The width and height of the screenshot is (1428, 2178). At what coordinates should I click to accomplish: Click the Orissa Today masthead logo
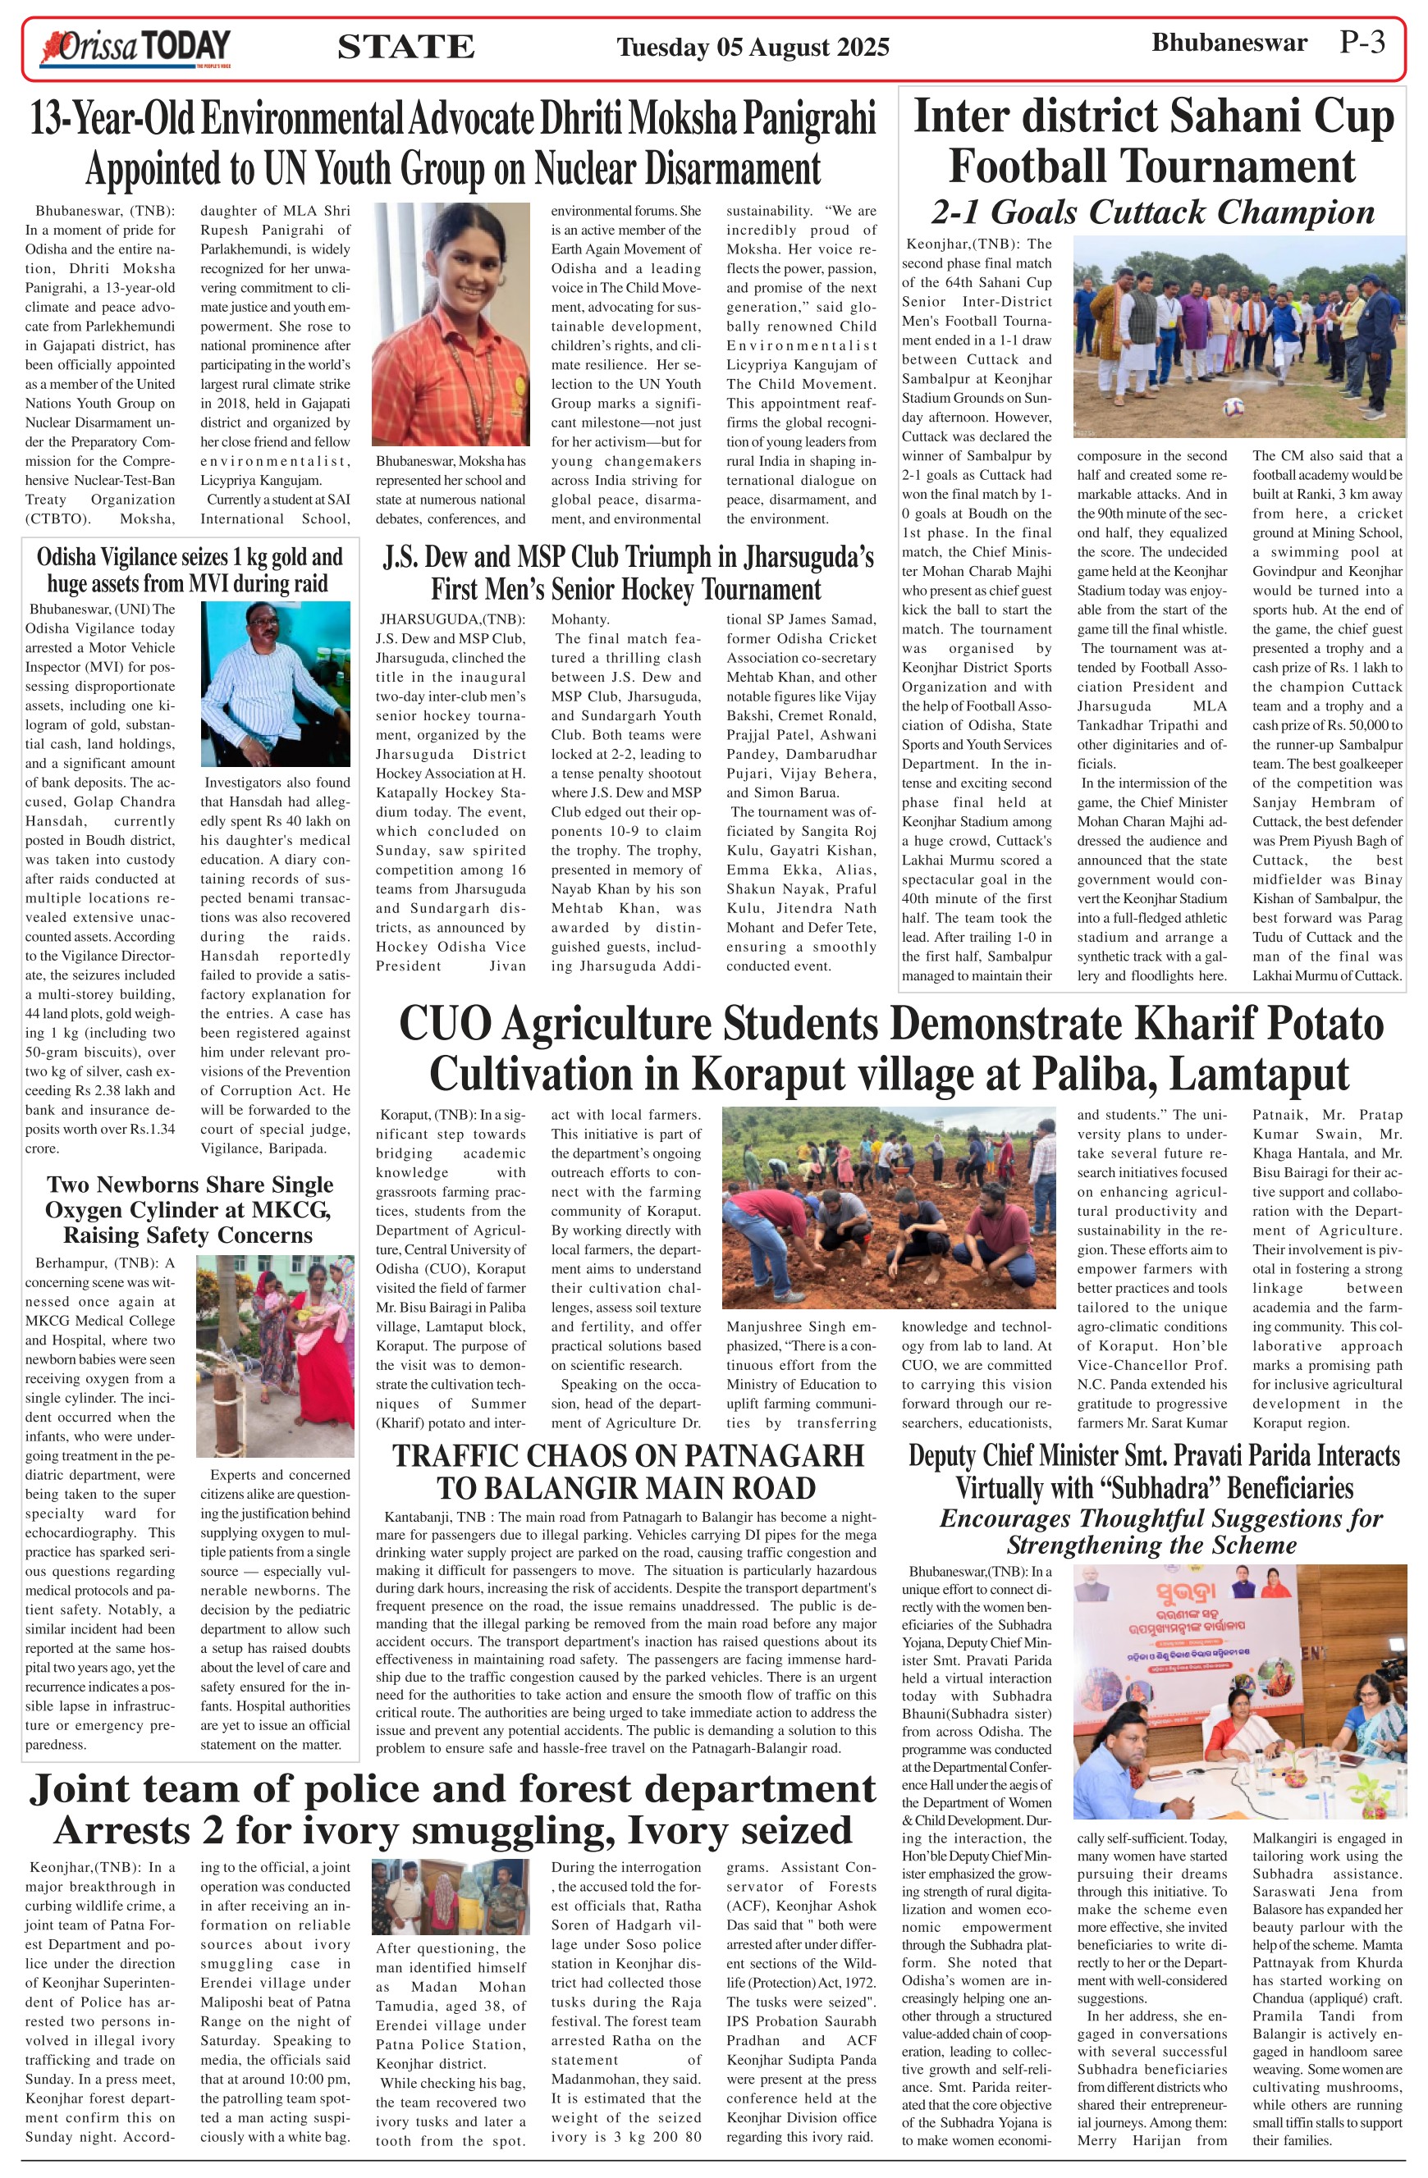[135, 48]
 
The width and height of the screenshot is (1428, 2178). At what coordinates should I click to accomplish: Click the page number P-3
[1362, 42]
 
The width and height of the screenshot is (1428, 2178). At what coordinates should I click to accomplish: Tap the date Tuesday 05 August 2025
[753, 48]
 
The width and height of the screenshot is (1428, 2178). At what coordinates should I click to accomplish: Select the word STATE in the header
[405, 48]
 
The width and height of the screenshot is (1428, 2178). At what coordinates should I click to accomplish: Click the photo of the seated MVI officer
[276, 683]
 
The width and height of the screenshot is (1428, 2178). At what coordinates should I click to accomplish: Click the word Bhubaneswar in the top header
[1229, 43]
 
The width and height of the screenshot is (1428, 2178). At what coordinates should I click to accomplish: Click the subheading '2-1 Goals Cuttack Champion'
[1152, 212]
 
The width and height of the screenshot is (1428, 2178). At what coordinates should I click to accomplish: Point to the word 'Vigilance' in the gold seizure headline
[127, 556]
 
